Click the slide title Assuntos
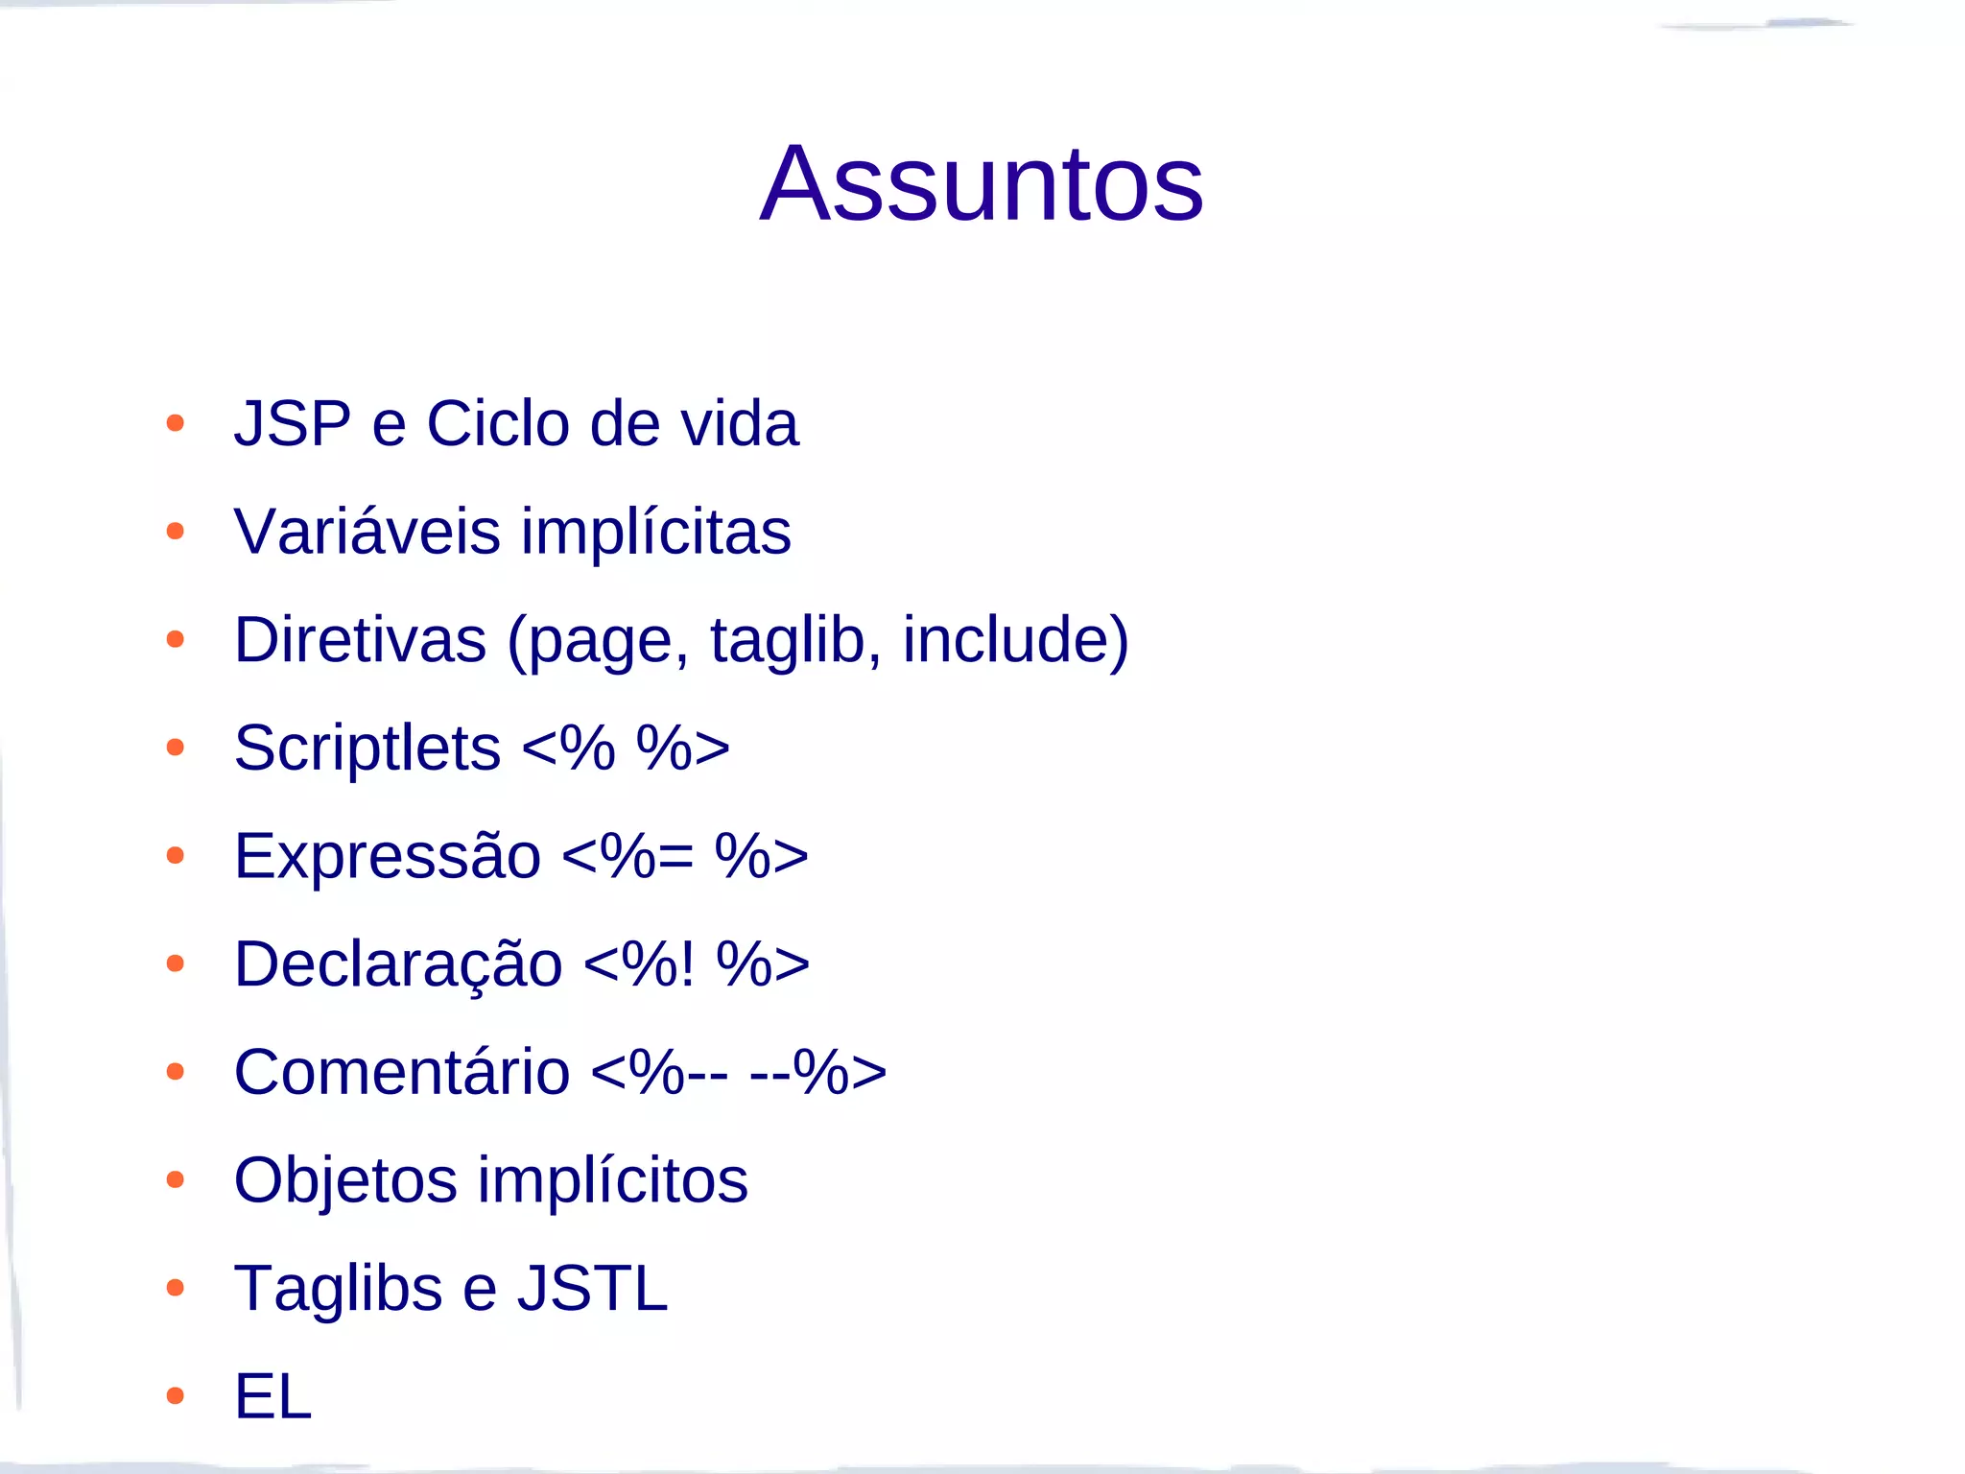tap(981, 183)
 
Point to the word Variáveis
tap(367, 532)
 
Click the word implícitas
tap(655, 534)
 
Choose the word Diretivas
tap(360, 640)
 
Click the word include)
tap(1015, 640)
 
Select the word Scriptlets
tap(367, 749)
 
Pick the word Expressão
tap(388, 856)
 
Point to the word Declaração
tap(398, 964)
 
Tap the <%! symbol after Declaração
tap(638, 964)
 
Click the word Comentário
tap(402, 1072)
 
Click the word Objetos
tap(345, 1180)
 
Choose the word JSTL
tap(592, 1288)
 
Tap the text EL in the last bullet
tap(273, 1396)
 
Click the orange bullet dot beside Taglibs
tap(175, 1288)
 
